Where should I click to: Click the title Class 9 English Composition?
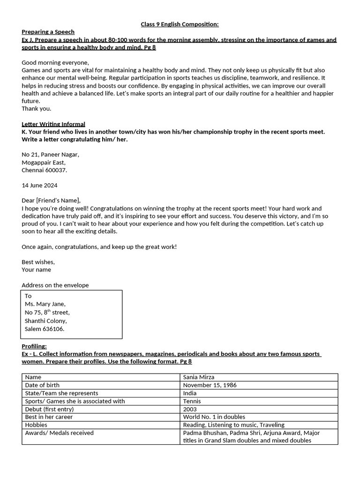(180, 24)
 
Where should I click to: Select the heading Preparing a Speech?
(48, 32)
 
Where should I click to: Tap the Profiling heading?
(34, 346)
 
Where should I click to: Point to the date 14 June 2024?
(39, 186)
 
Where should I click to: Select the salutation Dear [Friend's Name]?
(51, 201)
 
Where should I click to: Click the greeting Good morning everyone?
(55, 62)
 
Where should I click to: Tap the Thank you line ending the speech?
(37, 109)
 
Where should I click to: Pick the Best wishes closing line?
(38, 262)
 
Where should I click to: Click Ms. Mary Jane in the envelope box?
(45, 304)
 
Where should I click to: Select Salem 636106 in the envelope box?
(45, 329)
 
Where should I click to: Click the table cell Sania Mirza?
(199, 377)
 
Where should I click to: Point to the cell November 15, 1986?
(210, 385)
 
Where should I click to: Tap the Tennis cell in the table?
(192, 401)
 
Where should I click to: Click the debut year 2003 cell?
(190, 409)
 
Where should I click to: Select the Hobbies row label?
(36, 425)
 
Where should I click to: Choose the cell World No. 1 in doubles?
(214, 417)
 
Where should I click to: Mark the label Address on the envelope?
(55, 285)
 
